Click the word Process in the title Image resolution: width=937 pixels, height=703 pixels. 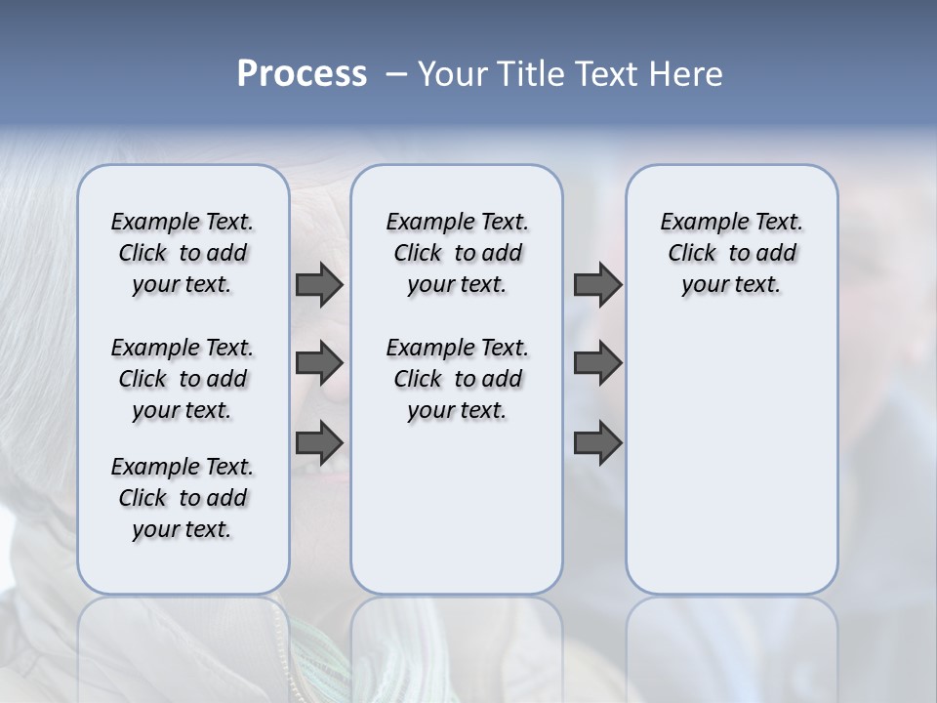pos(302,74)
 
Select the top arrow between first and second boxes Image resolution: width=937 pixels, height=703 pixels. pos(319,284)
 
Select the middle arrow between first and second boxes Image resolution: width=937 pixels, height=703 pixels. pos(319,363)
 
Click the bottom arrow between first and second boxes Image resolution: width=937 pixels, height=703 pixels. pos(319,442)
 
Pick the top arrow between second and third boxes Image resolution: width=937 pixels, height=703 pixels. pos(597,284)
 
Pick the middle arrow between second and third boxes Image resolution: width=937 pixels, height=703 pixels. pos(597,363)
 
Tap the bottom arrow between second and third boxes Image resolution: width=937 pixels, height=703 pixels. pos(597,442)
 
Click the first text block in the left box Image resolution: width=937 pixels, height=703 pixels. pos(183,253)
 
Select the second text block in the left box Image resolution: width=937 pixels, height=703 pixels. pos(183,379)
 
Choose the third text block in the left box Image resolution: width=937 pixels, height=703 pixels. pos(183,498)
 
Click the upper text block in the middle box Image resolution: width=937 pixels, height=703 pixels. pos(457,253)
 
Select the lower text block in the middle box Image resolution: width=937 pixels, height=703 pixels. pos(457,379)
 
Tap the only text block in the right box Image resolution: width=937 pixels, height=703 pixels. pos(731,253)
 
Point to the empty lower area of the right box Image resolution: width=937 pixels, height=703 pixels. pos(731,459)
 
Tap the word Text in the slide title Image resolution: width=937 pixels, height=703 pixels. pos(607,74)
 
